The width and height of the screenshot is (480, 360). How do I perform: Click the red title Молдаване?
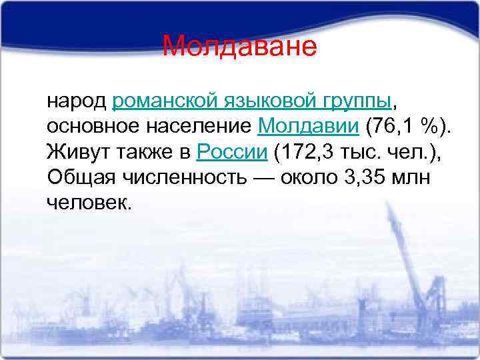pyautogui.click(x=239, y=47)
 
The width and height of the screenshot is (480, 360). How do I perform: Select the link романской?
pyautogui.click(x=164, y=101)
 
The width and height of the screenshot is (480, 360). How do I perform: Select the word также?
pyautogui.click(x=145, y=151)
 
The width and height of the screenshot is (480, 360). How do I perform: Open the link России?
pyautogui.click(x=233, y=151)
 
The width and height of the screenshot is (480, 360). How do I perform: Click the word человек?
pyautogui.click(x=89, y=202)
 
